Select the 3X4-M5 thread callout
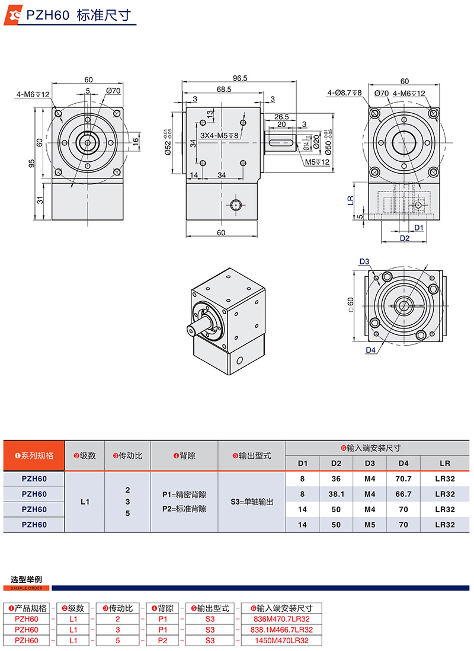click(x=219, y=136)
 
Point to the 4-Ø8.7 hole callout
click(x=344, y=93)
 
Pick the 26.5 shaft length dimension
click(x=281, y=117)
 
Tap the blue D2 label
click(x=405, y=238)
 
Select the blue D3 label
click(x=364, y=261)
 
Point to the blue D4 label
click(x=370, y=350)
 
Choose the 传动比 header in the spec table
click(x=127, y=456)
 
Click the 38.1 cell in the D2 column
click(x=336, y=494)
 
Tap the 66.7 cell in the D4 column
click(x=403, y=494)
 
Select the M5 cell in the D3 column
click(x=370, y=525)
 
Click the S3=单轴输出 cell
click(x=252, y=502)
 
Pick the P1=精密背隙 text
click(x=184, y=494)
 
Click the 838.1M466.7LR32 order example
click(x=281, y=630)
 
